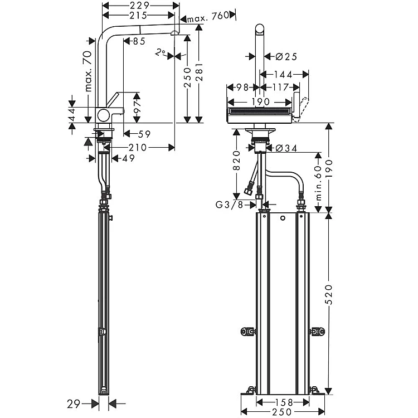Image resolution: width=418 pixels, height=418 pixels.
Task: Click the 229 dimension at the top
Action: [140, 6]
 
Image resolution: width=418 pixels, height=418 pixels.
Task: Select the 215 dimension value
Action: [138, 16]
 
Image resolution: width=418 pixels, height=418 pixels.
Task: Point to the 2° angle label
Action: [161, 52]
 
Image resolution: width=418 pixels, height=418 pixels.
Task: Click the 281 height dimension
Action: [200, 72]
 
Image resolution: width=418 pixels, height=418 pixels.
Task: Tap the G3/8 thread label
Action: [229, 205]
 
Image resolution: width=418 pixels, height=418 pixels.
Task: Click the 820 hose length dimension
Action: [236, 161]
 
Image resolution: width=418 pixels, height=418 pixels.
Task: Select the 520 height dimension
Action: [329, 295]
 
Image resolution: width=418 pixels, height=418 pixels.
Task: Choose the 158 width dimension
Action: [283, 402]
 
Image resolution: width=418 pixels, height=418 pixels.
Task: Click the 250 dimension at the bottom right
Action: [282, 412]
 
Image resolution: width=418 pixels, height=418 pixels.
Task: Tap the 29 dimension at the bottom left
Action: [74, 404]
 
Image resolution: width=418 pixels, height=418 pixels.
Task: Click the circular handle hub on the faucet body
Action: [103, 115]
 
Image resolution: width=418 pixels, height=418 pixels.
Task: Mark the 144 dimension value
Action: [283, 75]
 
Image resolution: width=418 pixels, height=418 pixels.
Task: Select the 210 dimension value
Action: [138, 148]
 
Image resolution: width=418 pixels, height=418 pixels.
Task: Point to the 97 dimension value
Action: [137, 108]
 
